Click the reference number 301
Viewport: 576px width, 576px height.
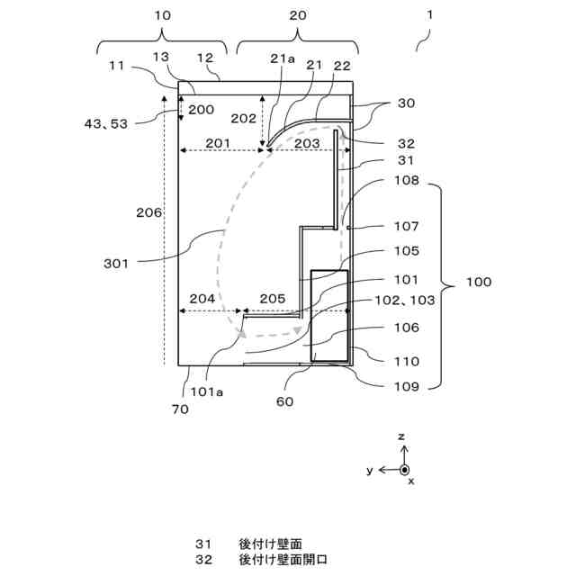point(116,264)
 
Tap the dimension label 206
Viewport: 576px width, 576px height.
point(148,212)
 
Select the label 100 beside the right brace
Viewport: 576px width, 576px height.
point(478,282)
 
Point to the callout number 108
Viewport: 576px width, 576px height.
point(406,180)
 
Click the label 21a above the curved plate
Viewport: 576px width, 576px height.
point(282,58)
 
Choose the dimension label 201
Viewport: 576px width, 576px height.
point(218,143)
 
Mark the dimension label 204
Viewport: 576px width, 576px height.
point(202,299)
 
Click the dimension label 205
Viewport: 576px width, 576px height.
point(273,299)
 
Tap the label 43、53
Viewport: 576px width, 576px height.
point(106,124)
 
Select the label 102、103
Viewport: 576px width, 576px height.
point(404,300)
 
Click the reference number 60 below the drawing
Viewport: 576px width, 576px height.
point(284,401)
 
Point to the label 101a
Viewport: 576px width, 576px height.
point(206,392)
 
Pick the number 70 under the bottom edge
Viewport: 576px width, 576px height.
point(180,409)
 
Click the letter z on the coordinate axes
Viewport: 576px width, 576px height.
point(401,436)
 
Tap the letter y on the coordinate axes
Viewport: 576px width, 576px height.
point(370,470)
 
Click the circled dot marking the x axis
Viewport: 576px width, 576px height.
point(404,470)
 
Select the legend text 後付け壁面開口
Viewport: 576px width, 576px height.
point(283,560)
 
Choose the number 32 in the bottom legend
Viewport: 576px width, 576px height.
point(204,560)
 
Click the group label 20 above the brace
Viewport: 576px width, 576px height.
point(298,15)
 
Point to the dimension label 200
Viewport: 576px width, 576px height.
point(201,110)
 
